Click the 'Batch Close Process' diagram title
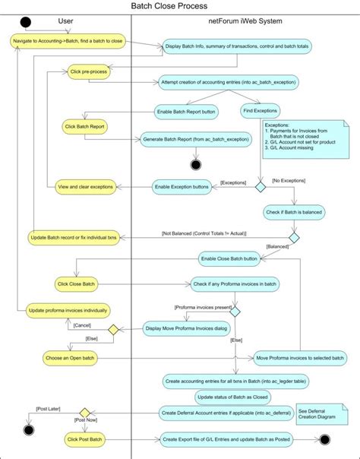tap(180, 6)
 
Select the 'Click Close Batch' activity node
tap(76, 284)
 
